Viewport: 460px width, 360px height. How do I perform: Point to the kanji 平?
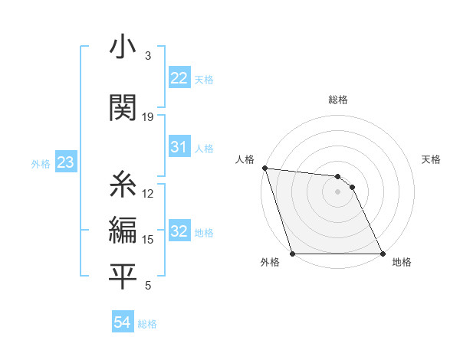(x=123, y=277)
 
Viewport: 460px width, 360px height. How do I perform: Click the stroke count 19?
(x=148, y=117)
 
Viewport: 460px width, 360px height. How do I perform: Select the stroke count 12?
(x=148, y=193)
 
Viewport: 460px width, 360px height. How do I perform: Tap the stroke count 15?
(x=148, y=240)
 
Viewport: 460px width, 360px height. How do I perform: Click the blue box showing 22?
(x=179, y=78)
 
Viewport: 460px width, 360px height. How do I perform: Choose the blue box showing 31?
(x=179, y=147)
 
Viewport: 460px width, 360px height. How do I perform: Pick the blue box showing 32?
(x=179, y=231)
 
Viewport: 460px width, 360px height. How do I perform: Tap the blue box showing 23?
(x=65, y=162)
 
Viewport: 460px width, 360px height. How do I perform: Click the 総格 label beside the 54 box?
(x=147, y=324)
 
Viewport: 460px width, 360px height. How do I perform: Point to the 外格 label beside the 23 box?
(x=41, y=163)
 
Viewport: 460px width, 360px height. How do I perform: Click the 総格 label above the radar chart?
(x=338, y=100)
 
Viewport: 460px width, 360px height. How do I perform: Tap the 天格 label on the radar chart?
(x=432, y=159)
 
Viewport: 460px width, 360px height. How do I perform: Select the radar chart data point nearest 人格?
(x=264, y=168)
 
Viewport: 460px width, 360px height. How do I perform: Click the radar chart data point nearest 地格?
(x=382, y=254)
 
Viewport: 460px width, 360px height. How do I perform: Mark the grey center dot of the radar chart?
(x=338, y=191)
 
